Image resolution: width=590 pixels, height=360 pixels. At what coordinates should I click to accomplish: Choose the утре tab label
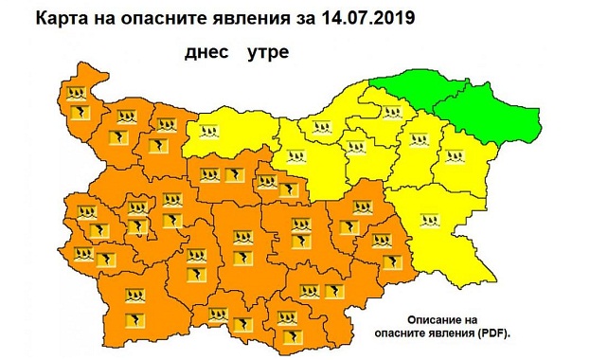(268, 53)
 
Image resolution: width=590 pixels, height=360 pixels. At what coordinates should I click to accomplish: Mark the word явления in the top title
(248, 17)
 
